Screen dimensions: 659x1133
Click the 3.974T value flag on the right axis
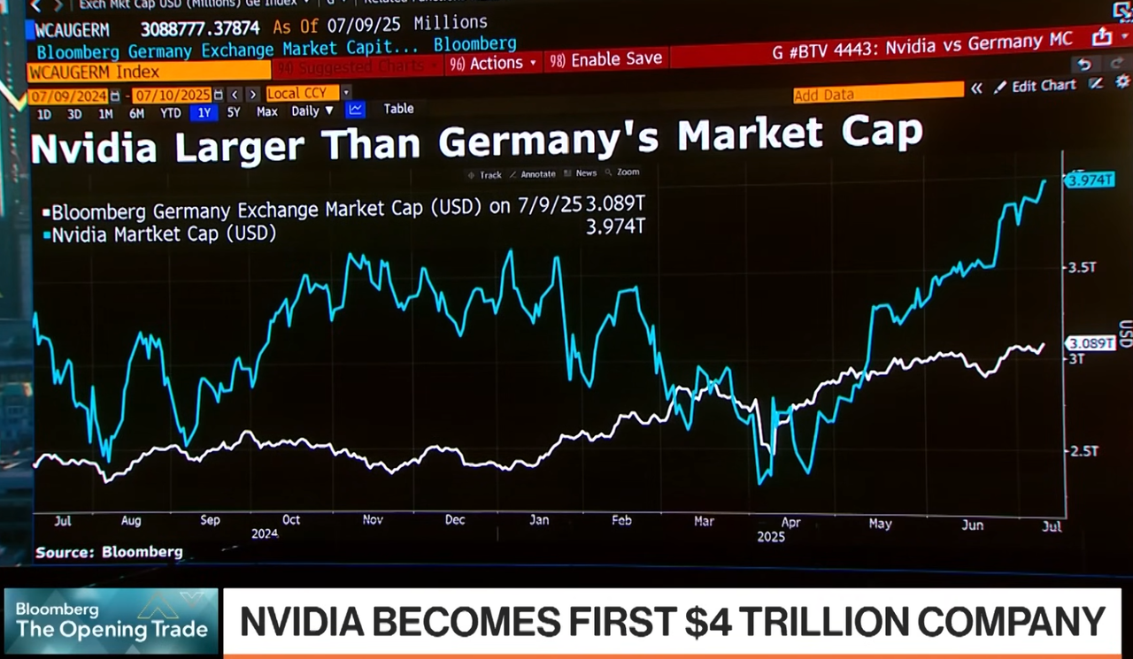(x=1090, y=180)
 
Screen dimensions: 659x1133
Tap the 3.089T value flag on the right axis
(x=1090, y=343)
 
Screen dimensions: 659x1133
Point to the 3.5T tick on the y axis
(x=1083, y=267)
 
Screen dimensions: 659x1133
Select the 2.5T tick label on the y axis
(x=1083, y=451)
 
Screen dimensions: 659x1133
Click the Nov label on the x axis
(x=373, y=520)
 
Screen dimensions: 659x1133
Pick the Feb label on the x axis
(x=621, y=520)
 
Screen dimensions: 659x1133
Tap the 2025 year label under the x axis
(x=771, y=535)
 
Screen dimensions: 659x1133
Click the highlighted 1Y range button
(x=204, y=112)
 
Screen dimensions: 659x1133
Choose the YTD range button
(x=171, y=112)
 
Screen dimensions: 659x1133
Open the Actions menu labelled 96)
(x=493, y=63)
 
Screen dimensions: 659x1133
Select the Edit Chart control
(x=1035, y=86)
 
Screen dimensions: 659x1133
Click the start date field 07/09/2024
(x=68, y=95)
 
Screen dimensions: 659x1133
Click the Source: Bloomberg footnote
(x=109, y=552)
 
